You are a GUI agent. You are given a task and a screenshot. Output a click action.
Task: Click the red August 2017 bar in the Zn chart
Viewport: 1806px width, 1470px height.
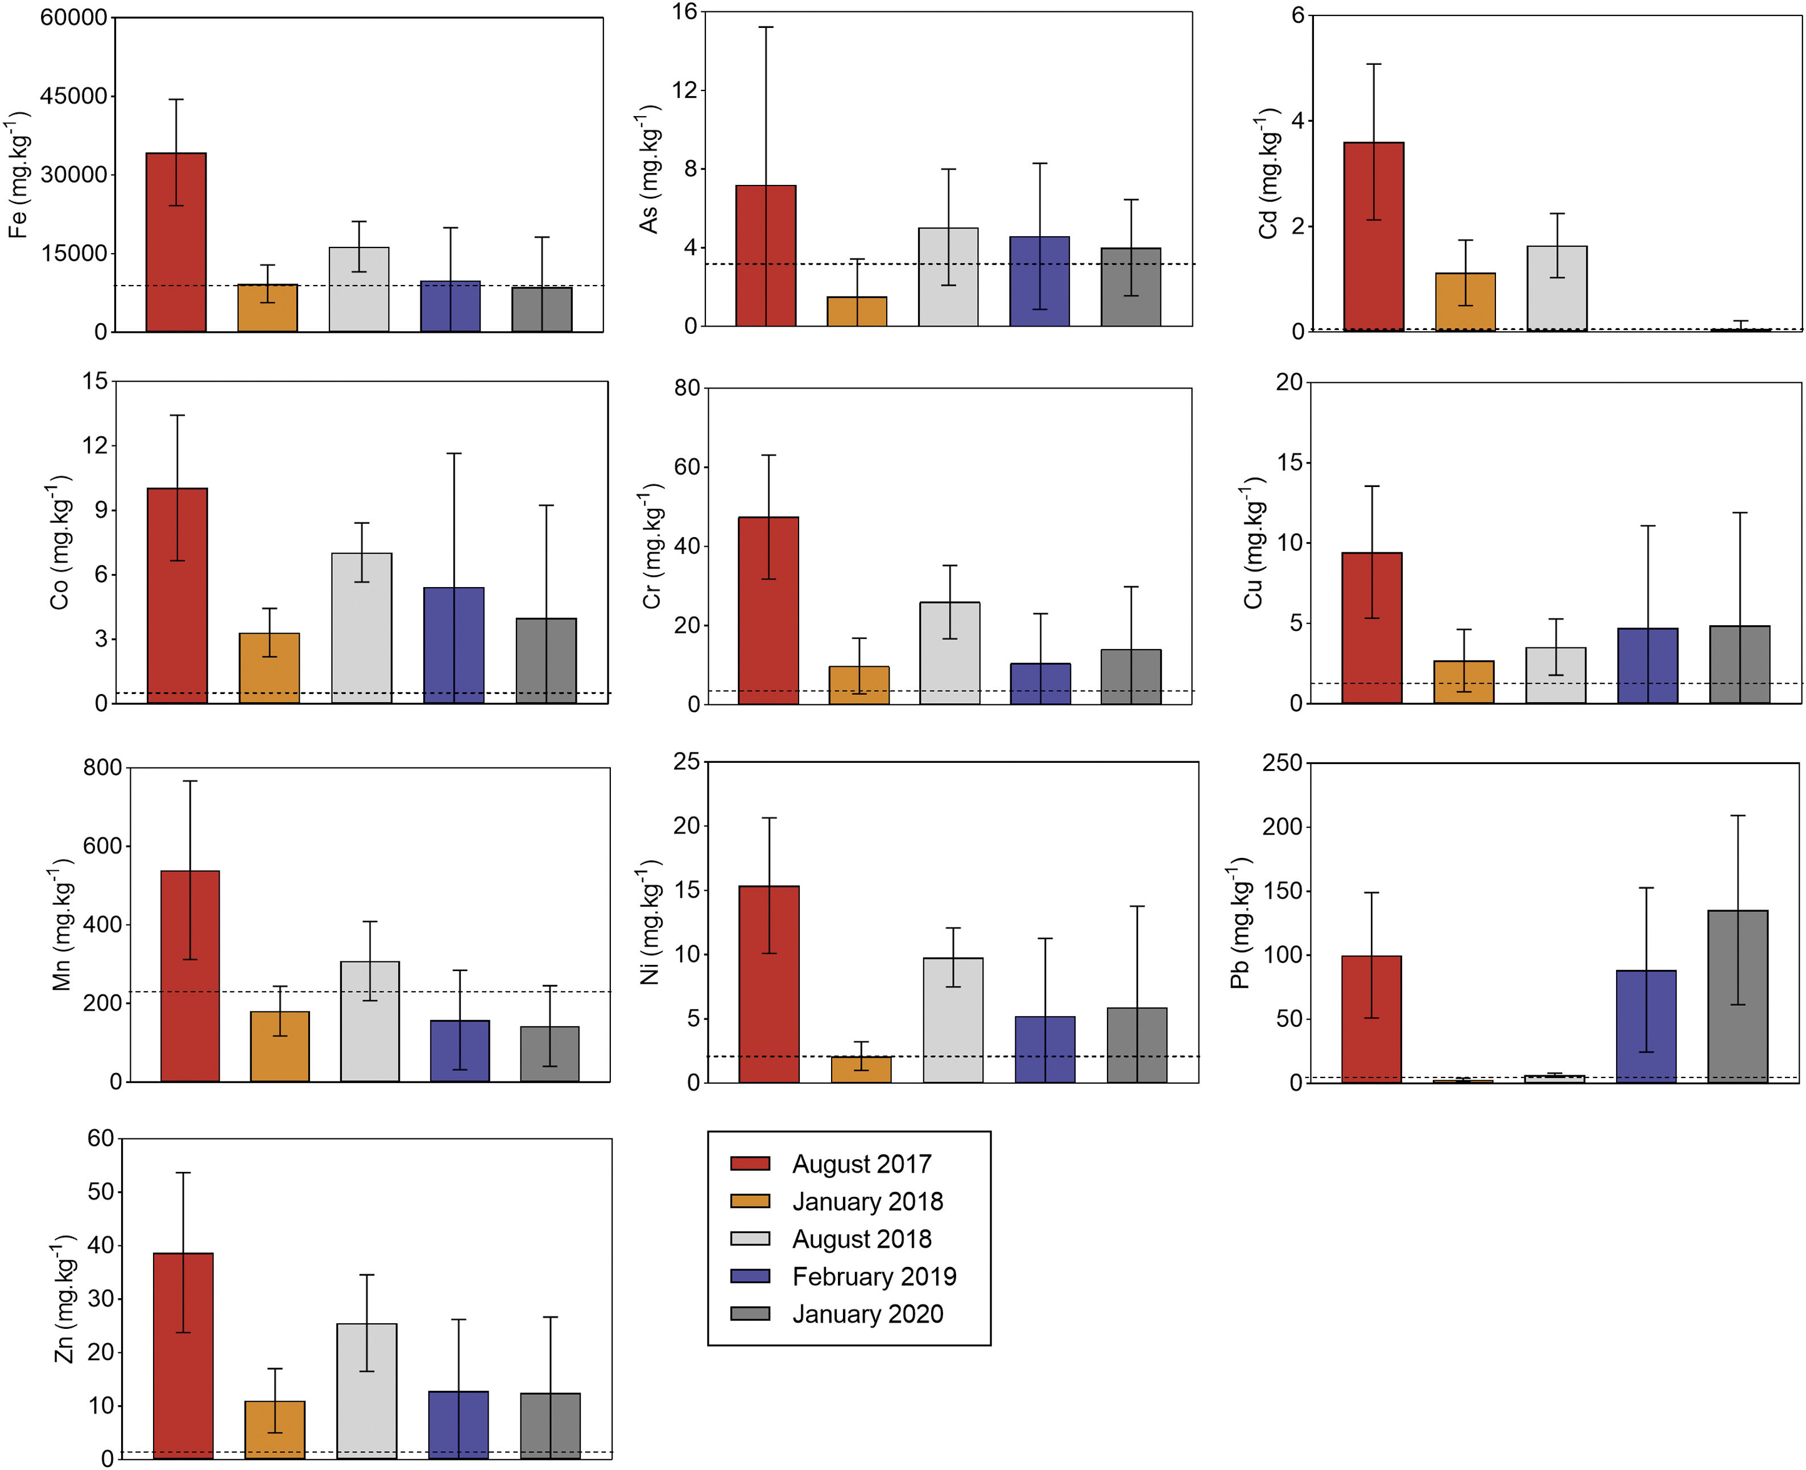pyautogui.click(x=183, y=1355)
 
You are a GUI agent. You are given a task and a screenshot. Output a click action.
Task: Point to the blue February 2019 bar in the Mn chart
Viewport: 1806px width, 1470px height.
pyautogui.click(x=460, y=1051)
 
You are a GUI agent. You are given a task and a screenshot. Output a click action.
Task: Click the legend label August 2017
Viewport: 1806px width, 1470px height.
pyautogui.click(x=861, y=1165)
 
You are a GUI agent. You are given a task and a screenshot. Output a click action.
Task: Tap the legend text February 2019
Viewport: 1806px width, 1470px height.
pyautogui.click(x=874, y=1276)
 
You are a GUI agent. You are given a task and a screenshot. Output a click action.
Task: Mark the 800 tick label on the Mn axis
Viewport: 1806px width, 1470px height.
pyautogui.click(x=102, y=768)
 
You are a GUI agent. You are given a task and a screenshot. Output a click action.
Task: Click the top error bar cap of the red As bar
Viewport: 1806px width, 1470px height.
pyautogui.click(x=766, y=27)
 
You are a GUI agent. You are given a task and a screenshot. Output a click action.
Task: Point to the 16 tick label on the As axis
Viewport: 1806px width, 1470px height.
pyautogui.click(x=684, y=12)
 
